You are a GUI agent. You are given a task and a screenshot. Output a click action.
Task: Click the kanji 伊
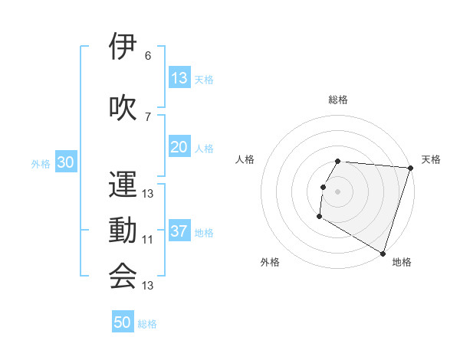pos(123,47)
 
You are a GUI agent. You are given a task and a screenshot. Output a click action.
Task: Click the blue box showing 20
pos(179,148)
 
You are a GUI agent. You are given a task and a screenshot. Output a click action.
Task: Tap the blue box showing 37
pos(179,232)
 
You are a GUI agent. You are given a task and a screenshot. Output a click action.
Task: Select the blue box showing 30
pos(66,163)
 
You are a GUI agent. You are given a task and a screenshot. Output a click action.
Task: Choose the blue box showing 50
pos(123,322)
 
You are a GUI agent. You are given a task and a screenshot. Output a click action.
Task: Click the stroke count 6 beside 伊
pos(148,56)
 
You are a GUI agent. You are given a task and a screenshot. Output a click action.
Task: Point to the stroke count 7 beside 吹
pos(148,116)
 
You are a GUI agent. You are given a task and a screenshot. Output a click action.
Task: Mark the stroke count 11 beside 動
pos(148,240)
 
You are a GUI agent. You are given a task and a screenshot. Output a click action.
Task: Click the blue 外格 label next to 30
pos(41,164)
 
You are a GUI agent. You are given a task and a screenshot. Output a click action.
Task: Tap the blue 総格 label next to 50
pos(147,324)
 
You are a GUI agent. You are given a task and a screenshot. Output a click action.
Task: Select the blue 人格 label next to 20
pos(204,149)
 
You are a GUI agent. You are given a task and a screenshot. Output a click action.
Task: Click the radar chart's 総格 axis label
pos(338,100)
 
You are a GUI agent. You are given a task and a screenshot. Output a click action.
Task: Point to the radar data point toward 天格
pos(410,168)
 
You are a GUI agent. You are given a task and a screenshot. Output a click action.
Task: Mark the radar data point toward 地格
pos(383,252)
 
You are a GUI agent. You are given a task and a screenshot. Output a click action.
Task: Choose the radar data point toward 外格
pos(319,217)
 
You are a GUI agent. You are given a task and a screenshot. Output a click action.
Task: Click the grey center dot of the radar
pos(338,191)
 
